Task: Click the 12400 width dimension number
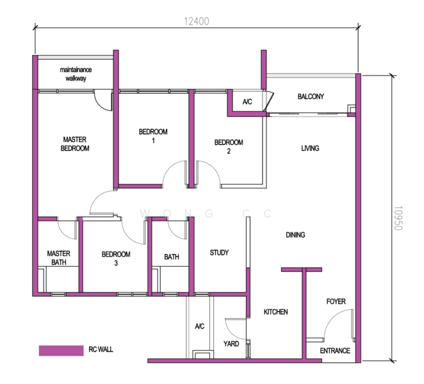point(197,21)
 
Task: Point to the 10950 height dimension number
point(398,218)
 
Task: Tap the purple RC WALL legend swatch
point(61,351)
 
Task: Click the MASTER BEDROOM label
point(75,144)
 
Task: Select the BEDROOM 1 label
point(153,136)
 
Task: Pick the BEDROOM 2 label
point(229,147)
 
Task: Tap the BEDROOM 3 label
point(116,259)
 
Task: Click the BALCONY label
point(311,97)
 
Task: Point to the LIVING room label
point(310,148)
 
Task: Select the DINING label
point(295,235)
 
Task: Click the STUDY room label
point(219,253)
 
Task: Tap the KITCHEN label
point(276,312)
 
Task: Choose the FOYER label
point(336,301)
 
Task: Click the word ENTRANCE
point(335,351)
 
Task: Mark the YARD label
point(231,344)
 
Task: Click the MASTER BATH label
point(59,258)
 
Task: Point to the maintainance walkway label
point(76,74)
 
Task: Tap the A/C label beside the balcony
point(247,102)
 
